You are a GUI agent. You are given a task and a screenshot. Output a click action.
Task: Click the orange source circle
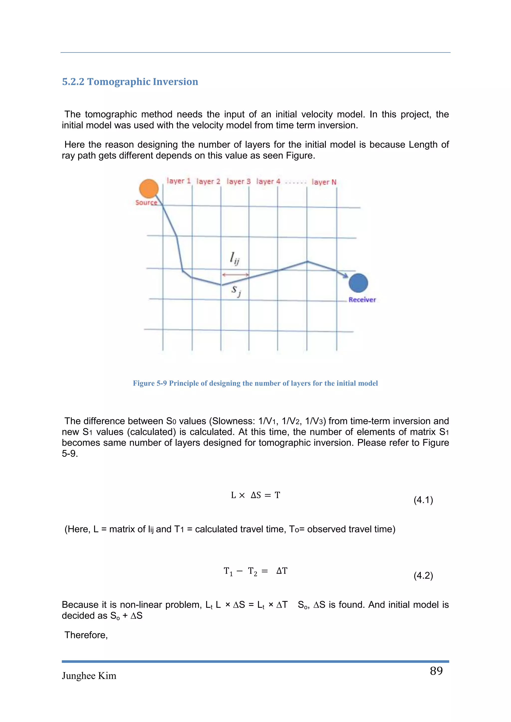coord(148,189)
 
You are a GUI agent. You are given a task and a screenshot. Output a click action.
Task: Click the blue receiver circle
coord(358,283)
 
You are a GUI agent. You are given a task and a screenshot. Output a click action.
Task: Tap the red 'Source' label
coord(146,202)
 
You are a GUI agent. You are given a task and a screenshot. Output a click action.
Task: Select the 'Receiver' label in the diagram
coord(362,300)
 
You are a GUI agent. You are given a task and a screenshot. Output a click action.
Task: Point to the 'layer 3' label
coord(239,181)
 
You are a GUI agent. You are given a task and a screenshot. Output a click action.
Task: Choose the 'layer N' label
coord(324,182)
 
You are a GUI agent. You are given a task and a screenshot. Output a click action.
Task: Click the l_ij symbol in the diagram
coord(235,259)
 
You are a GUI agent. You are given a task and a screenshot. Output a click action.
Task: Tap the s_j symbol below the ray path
coord(236,290)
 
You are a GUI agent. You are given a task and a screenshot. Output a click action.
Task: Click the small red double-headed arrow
coord(235,274)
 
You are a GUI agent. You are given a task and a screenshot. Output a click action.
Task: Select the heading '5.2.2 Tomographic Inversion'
coord(130,82)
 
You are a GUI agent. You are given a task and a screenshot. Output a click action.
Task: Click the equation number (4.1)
coord(423,500)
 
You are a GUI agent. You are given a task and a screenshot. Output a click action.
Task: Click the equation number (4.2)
coord(423,575)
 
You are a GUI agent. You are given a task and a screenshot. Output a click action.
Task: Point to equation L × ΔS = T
coord(255,495)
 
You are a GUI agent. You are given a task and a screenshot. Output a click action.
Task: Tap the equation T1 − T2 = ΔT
coord(255,571)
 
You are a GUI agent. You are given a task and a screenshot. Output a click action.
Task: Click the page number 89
coord(436,670)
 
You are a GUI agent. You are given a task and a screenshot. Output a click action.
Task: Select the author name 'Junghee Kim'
coord(89,676)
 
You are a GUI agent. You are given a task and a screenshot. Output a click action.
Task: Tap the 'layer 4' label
coord(268,181)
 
